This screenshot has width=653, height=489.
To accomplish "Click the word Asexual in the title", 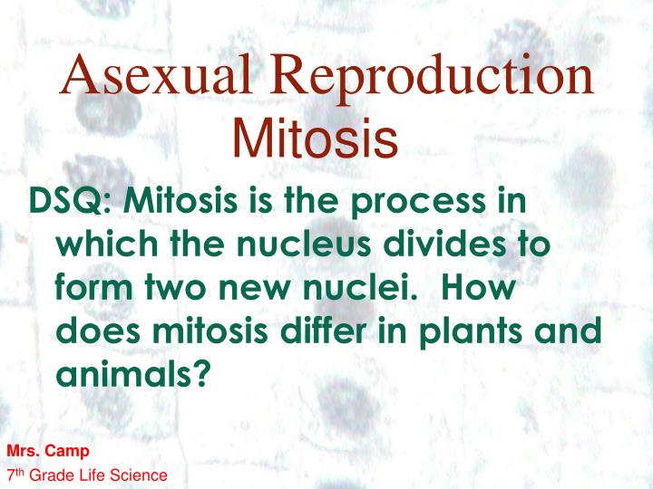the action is (156, 74).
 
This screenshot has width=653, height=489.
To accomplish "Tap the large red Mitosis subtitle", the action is (316, 138).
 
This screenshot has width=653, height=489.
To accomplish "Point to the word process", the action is (418, 204).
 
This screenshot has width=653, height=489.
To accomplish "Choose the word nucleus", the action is (304, 244).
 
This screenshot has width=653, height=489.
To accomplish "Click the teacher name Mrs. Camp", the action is (48, 451).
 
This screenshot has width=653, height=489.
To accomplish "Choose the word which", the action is (107, 244).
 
